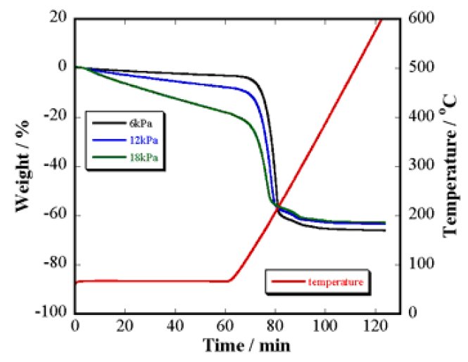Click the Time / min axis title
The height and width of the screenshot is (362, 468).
coord(247,345)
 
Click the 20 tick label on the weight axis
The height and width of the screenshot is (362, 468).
coord(57,18)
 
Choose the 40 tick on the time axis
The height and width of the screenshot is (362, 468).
coord(176,326)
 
